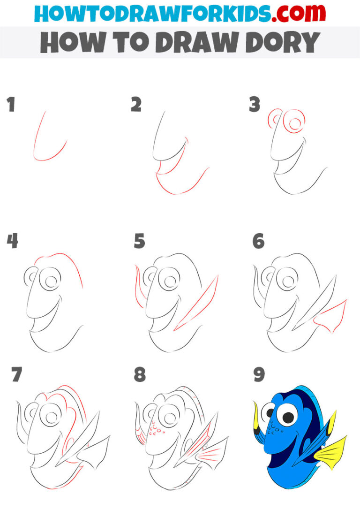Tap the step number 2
[x=136, y=105]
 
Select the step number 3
[x=255, y=105]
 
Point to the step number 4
[x=12, y=241]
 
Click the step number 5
[x=139, y=241]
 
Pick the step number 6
[x=258, y=241]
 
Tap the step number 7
[x=17, y=375]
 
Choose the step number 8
[x=139, y=375]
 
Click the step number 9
[x=259, y=375]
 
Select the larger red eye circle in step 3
[x=295, y=123]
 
